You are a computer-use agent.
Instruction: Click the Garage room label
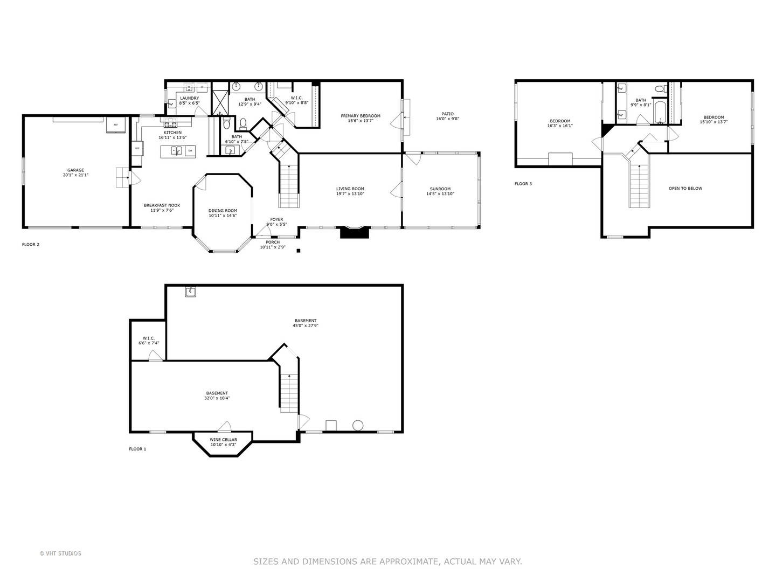[75, 170]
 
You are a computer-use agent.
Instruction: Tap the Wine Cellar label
[223, 440]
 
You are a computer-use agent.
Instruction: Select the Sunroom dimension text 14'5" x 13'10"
[440, 193]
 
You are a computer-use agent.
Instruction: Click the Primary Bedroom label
[361, 116]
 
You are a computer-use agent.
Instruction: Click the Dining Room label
[223, 211]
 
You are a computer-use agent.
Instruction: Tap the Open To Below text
[685, 189]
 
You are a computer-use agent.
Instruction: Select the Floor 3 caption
[523, 184]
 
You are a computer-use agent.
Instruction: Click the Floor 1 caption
[137, 449]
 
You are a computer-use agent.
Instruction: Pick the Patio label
[447, 114]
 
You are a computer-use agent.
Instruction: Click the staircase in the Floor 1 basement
[289, 392]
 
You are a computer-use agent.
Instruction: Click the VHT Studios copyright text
[60, 553]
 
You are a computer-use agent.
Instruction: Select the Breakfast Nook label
[162, 205]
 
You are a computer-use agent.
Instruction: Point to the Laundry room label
[189, 98]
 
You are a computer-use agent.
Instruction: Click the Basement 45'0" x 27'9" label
[305, 321]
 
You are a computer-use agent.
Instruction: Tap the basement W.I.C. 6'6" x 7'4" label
[148, 338]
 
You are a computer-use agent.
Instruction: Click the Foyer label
[276, 219]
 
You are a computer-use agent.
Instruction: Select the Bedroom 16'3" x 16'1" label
[560, 121]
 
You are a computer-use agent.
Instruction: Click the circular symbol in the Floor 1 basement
[358, 425]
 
